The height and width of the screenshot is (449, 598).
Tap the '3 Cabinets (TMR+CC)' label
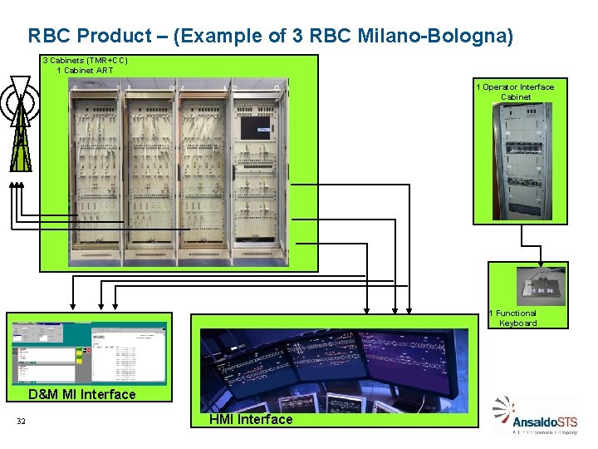point(85,61)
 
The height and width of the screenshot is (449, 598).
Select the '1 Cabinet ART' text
point(85,71)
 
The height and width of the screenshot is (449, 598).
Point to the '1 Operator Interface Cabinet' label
point(515,91)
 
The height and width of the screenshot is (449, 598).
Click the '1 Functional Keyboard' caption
point(516,318)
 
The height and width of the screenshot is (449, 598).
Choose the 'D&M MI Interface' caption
point(82,394)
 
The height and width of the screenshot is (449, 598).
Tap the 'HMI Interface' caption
point(251,420)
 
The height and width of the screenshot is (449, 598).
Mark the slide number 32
point(21,422)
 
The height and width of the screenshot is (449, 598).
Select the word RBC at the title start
point(47,37)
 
